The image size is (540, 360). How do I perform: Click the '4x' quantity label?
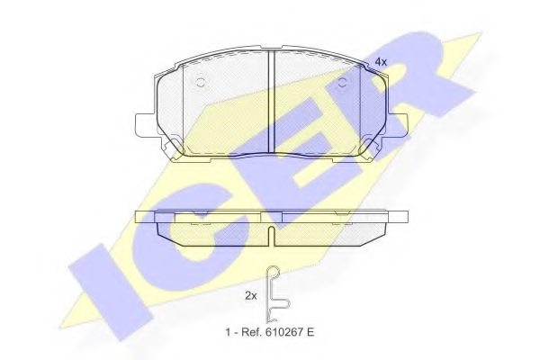381,61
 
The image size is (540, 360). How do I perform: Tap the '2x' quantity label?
251,295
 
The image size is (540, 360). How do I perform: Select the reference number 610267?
283,332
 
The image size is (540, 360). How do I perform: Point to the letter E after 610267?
310,332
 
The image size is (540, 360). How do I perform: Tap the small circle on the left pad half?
201,83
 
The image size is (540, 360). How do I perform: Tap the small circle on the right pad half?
342,83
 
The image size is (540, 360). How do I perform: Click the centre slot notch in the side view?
272,236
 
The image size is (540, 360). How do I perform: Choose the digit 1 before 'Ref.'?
228,332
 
